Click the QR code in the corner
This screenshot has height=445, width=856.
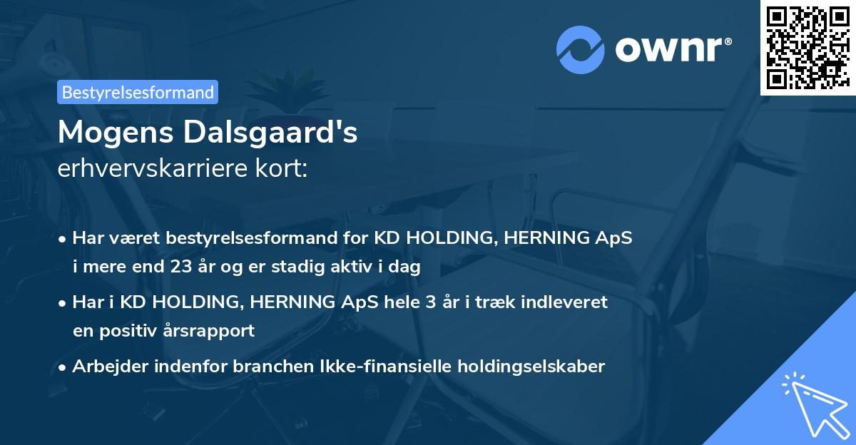pyautogui.click(x=807, y=47)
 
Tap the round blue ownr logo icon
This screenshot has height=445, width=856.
pyautogui.click(x=581, y=49)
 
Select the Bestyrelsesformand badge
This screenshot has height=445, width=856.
pyautogui.click(x=138, y=92)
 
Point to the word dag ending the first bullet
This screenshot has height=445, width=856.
pyautogui.click(x=405, y=267)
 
